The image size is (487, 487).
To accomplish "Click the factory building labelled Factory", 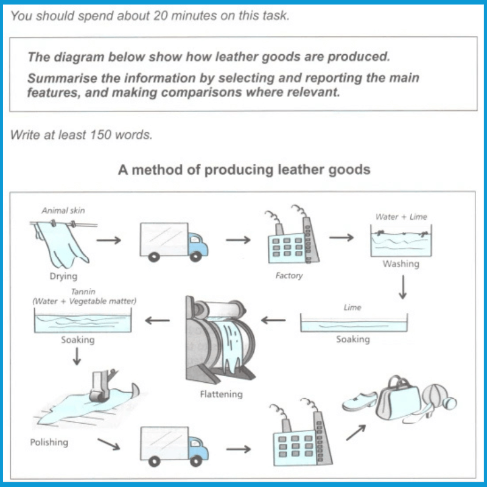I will (287, 241).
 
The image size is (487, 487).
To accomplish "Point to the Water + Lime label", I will (402, 217).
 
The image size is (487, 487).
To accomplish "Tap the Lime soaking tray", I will (353, 324).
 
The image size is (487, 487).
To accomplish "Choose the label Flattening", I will (221, 394).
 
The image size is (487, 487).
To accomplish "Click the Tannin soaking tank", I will (83, 321).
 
